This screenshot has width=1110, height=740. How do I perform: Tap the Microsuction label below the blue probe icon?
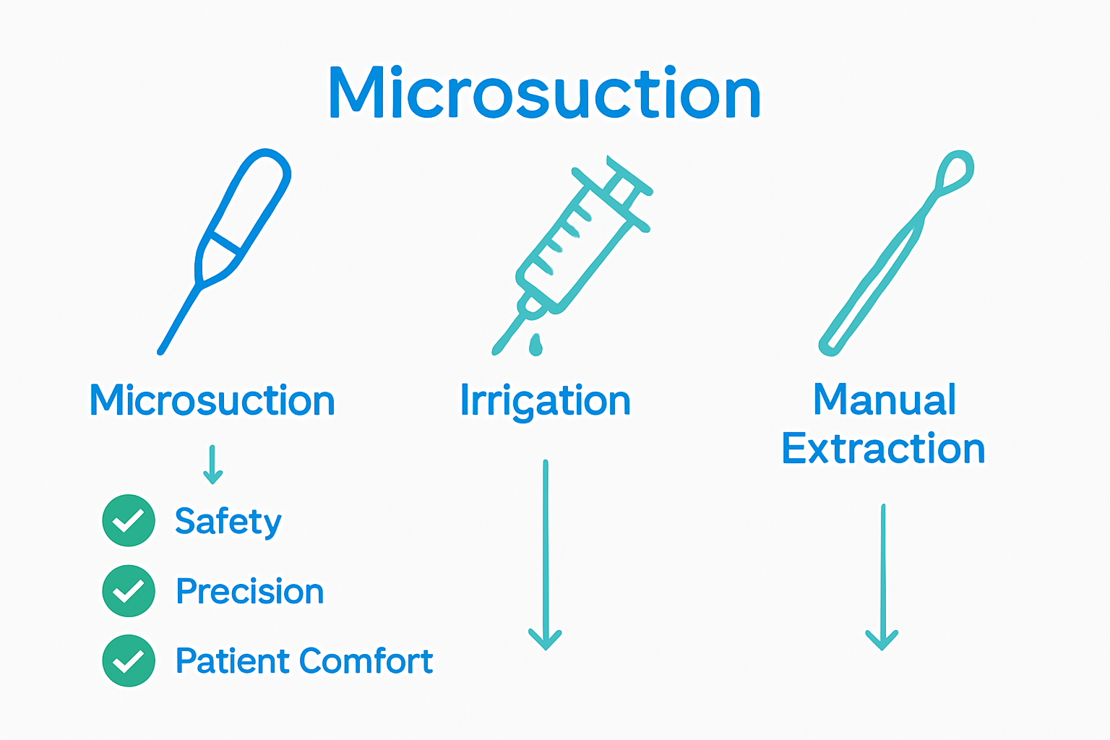pyautogui.click(x=212, y=400)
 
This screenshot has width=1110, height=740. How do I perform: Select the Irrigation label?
pyautogui.click(x=545, y=400)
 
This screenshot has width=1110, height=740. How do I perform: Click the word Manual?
pyautogui.click(x=884, y=399)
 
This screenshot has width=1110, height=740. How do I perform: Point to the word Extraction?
pyautogui.click(x=883, y=449)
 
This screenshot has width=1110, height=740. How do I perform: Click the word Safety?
pyautogui.click(x=228, y=521)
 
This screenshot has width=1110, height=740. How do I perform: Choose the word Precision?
pyautogui.click(x=250, y=591)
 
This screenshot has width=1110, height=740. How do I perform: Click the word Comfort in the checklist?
pyautogui.click(x=366, y=661)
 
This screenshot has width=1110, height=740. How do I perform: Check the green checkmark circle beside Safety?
pyautogui.click(x=129, y=520)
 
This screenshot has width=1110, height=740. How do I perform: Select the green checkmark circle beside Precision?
pyautogui.click(x=129, y=591)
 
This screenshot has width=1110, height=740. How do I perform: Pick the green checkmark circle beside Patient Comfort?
pyautogui.click(x=129, y=661)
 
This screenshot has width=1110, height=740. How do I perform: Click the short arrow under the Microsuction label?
pyautogui.click(x=212, y=465)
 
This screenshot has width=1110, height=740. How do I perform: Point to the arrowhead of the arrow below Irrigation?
pyautogui.click(x=545, y=639)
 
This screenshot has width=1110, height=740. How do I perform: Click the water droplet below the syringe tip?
pyautogui.click(x=535, y=345)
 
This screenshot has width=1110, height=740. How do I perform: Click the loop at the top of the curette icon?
pyautogui.click(x=955, y=171)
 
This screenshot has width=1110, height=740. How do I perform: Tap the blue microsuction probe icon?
pyautogui.click(x=231, y=238)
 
